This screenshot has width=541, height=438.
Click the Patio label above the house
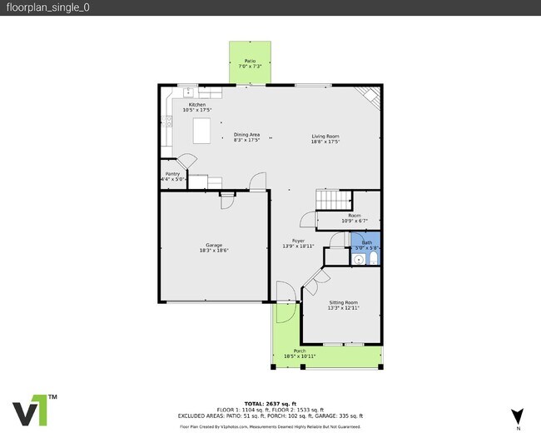pyautogui.click(x=250, y=61)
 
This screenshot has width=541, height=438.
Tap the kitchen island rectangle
pyautogui.click(x=201, y=132)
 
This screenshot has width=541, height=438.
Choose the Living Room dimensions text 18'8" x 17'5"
pyautogui.click(x=325, y=142)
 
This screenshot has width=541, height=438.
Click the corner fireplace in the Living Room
pyautogui.click(x=369, y=98)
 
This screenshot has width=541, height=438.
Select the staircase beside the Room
pyautogui.click(x=333, y=201)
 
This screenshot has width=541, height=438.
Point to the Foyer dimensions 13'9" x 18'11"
pyautogui.click(x=297, y=246)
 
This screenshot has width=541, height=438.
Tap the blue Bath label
pyautogui.click(x=366, y=242)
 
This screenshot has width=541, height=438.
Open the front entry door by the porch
pyautogui.click(x=285, y=300)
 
